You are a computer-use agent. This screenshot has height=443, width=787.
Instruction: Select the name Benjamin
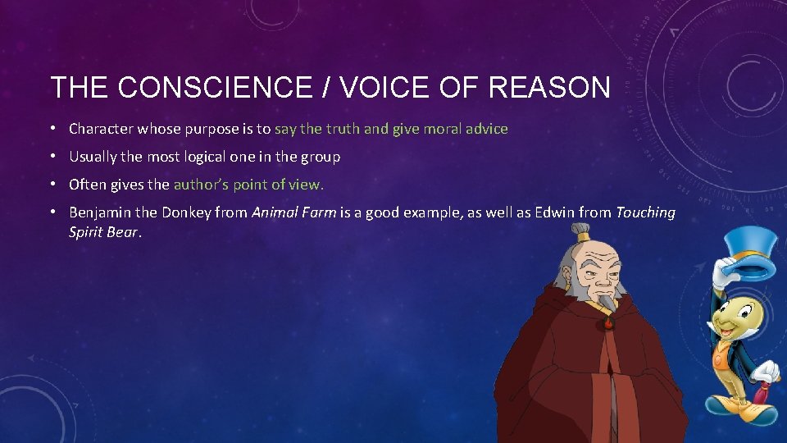(100, 212)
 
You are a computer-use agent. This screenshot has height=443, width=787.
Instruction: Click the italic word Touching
(645, 212)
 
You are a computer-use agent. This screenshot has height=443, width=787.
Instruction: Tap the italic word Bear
(123, 232)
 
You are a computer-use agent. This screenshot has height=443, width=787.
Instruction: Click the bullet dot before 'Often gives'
(52, 185)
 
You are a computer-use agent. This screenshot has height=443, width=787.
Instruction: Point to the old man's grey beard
(605, 304)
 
